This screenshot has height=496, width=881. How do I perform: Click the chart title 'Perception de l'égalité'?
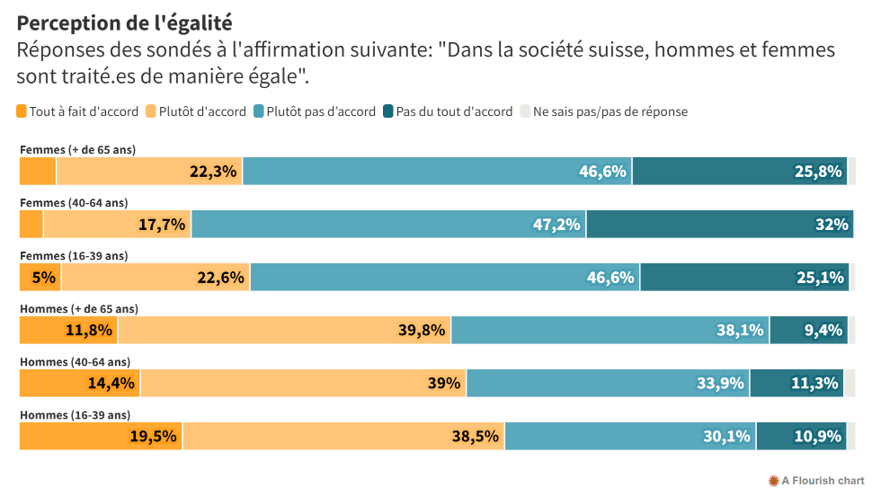(x=124, y=23)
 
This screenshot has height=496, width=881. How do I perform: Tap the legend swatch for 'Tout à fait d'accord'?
(x=22, y=112)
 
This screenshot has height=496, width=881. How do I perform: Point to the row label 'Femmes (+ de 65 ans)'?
(x=77, y=149)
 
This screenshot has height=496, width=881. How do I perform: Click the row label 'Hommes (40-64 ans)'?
(x=75, y=362)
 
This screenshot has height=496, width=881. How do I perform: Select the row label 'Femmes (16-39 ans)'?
(x=74, y=255)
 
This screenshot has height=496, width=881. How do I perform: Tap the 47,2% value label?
(x=556, y=225)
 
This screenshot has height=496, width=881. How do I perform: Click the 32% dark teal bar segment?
(x=719, y=225)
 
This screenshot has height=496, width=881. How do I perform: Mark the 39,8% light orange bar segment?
(x=284, y=331)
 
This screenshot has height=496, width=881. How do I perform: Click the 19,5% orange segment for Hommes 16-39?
(x=101, y=437)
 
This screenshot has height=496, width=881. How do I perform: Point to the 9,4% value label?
(x=823, y=331)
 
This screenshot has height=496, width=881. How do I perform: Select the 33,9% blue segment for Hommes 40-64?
(x=608, y=384)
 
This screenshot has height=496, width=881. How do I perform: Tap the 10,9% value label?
(x=817, y=437)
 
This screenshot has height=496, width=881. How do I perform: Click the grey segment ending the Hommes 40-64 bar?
(x=850, y=384)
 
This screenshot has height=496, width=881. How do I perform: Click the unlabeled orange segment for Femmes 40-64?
(x=31, y=225)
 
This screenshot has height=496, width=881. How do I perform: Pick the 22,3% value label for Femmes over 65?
(x=213, y=172)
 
